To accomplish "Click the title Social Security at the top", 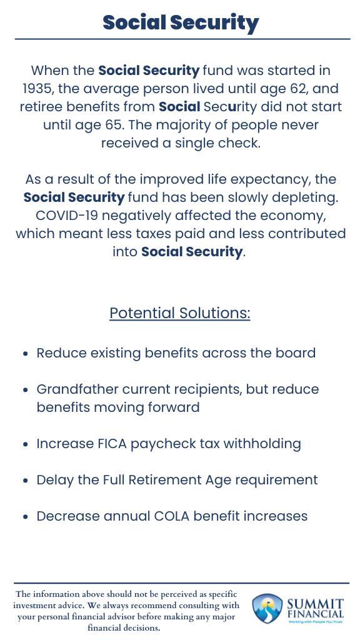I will click(x=180, y=22).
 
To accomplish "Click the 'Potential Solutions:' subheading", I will click(x=180, y=312).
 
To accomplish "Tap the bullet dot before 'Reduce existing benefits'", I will click(x=26, y=354).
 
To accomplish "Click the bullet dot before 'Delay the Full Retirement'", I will click(x=26, y=481).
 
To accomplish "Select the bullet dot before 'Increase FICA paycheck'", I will click(x=26, y=445).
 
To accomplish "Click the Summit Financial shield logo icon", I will click(x=266, y=609).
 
